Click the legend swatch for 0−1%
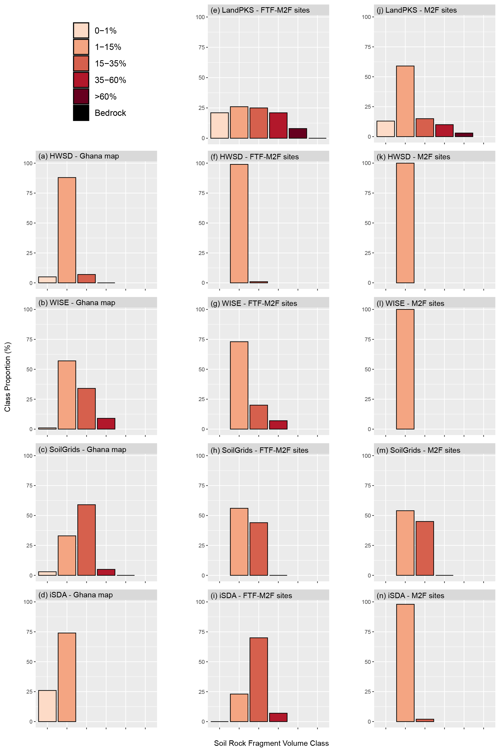(x=81, y=31)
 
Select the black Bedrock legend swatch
(x=81, y=113)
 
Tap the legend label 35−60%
(x=110, y=80)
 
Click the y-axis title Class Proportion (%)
(x=8, y=377)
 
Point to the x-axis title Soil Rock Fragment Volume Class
(x=271, y=743)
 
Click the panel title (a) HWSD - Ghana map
(x=79, y=156)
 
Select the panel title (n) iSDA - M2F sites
(x=410, y=596)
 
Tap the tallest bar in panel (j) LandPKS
(x=405, y=101)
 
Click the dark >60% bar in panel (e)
(x=298, y=133)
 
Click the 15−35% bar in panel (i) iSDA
(x=259, y=679)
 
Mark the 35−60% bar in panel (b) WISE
(x=106, y=424)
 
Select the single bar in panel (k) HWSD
(x=405, y=223)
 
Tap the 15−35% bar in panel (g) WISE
(x=259, y=417)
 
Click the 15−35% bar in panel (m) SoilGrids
(x=425, y=548)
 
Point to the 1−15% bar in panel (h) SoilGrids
(x=239, y=542)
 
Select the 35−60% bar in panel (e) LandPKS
(x=278, y=125)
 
